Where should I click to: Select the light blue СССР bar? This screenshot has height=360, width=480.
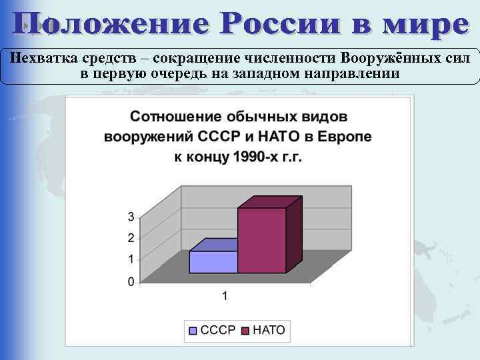[x=213, y=262]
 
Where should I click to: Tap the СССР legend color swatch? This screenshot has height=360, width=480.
[x=194, y=330]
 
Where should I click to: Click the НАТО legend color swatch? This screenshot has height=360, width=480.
[x=245, y=330]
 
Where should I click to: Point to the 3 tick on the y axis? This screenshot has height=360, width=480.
[x=131, y=216]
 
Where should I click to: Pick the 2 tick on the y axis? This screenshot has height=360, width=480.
[x=131, y=237]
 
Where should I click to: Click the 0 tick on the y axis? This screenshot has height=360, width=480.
[x=131, y=281]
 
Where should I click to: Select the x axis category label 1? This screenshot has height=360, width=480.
[x=225, y=296]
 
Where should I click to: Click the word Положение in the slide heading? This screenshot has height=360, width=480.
[x=111, y=25]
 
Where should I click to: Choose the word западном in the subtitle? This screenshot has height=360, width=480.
[x=265, y=73]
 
